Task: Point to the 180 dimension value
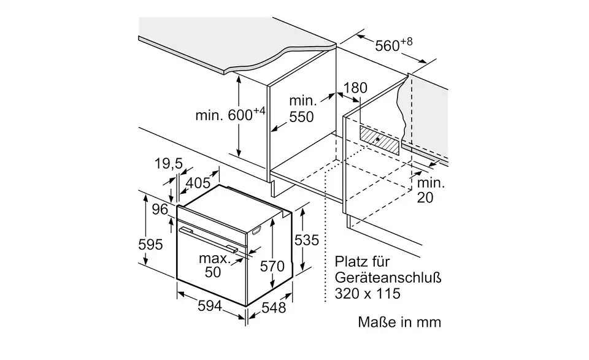355,88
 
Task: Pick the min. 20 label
431,190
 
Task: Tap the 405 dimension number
198,182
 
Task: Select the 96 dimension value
160,209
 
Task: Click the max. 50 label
213,265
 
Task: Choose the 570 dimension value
272,266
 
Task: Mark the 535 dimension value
307,240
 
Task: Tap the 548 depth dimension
272,308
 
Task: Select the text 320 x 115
368,294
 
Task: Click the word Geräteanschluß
388,277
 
